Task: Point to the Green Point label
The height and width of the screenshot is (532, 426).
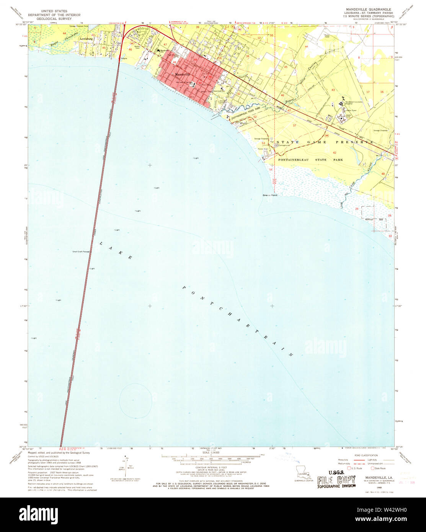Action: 269,195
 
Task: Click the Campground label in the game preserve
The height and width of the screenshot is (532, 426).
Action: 284,145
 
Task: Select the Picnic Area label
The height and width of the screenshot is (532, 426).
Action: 262,149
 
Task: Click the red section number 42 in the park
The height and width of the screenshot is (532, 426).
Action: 334,153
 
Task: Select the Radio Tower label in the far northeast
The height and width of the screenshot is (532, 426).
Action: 338,36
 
